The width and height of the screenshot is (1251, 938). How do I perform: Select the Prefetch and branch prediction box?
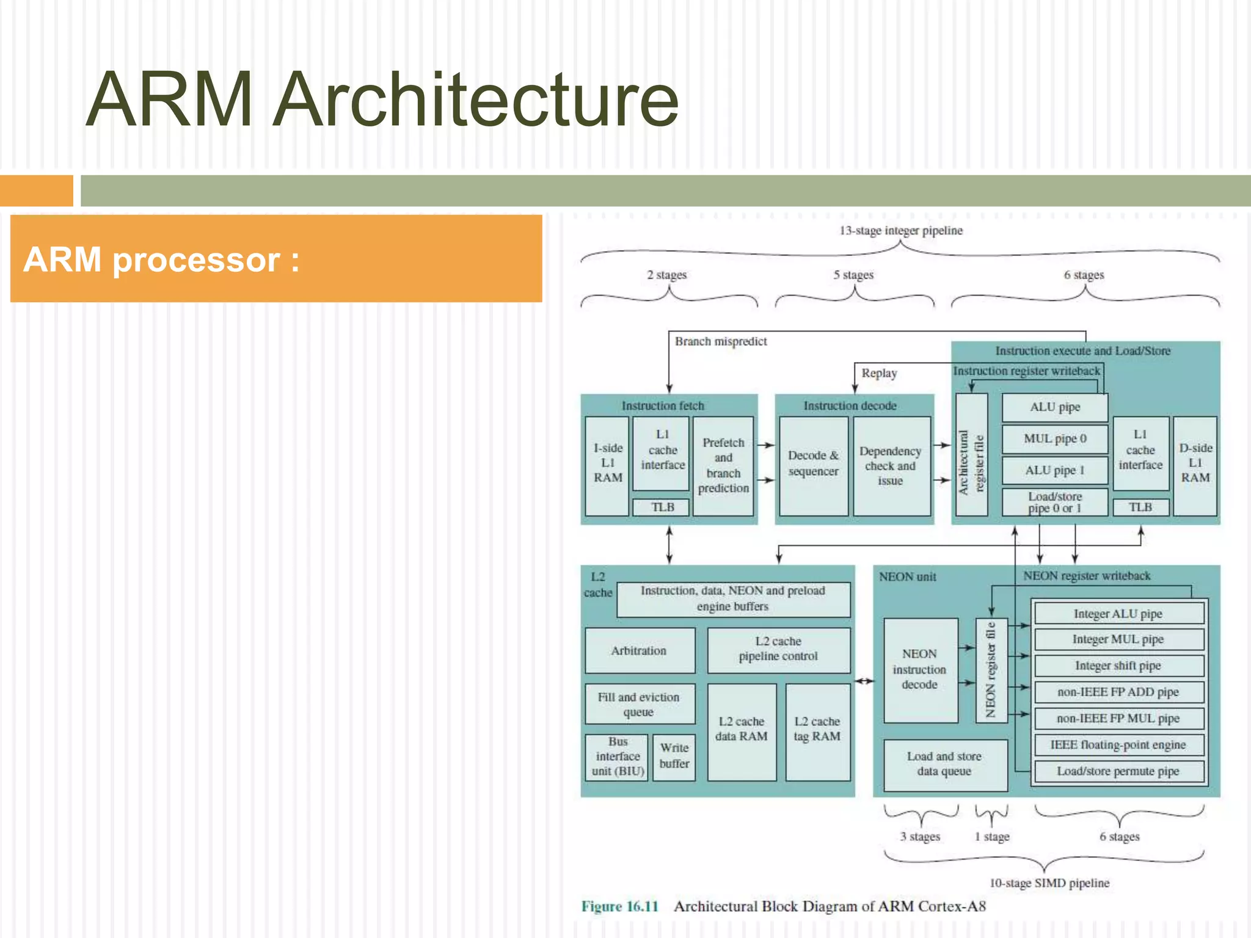tap(723, 465)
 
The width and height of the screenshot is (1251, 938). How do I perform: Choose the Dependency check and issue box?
tap(891, 465)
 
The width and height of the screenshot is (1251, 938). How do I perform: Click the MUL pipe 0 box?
tap(1055, 439)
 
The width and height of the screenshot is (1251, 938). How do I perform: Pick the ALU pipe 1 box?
tap(1055, 471)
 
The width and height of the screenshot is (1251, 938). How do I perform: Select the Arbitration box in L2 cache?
tap(640, 650)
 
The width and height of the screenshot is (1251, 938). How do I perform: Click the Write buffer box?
tap(674, 756)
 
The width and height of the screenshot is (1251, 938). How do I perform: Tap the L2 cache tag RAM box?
tap(817, 730)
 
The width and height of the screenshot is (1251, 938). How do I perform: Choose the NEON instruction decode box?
tap(920, 669)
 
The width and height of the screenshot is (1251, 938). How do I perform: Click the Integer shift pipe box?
tap(1118, 666)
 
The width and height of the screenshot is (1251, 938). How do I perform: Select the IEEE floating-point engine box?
tap(1118, 744)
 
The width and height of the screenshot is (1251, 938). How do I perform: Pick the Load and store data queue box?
tap(944, 764)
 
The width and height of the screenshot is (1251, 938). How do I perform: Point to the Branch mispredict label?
tap(721, 341)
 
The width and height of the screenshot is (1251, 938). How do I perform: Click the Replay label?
tap(879, 373)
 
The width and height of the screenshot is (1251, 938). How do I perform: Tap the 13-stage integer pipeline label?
tap(901, 231)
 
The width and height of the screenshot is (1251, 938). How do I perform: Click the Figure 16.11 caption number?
tap(619, 906)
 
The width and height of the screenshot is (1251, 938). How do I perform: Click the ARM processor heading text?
tap(161, 260)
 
